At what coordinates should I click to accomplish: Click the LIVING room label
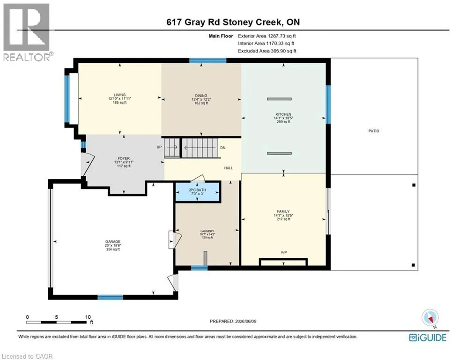click(x=120, y=95)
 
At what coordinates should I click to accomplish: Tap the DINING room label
click(x=201, y=96)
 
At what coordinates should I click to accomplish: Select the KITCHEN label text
click(x=283, y=114)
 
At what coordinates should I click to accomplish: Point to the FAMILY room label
click(x=283, y=211)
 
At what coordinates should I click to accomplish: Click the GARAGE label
click(x=113, y=241)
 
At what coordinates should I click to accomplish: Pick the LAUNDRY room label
click(x=207, y=231)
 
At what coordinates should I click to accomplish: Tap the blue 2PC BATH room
click(x=198, y=192)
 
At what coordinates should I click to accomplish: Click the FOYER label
click(x=124, y=158)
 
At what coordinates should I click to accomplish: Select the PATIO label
click(x=374, y=131)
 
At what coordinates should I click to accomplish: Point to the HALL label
click(x=229, y=168)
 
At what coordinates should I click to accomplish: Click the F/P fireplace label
click(x=284, y=252)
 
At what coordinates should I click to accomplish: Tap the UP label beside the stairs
click(x=159, y=147)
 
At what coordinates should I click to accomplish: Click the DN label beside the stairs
click(x=223, y=148)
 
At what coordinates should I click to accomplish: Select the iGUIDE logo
click(x=428, y=337)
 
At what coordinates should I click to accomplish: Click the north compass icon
click(x=430, y=318)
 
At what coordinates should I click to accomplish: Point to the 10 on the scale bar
click(x=88, y=317)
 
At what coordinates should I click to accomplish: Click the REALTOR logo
click(x=27, y=32)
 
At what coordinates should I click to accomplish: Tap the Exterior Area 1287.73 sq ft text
click(x=267, y=36)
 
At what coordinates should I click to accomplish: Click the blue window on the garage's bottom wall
click(x=110, y=297)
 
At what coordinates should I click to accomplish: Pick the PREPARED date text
click(x=233, y=321)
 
